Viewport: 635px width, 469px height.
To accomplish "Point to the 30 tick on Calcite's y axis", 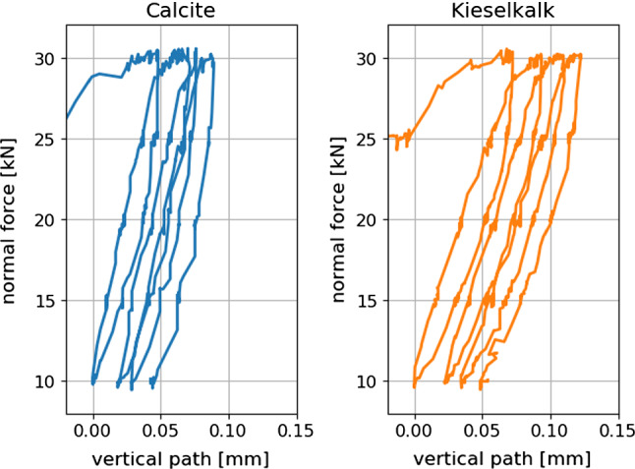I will [x=45, y=58].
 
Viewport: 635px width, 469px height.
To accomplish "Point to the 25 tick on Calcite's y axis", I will [x=45, y=139].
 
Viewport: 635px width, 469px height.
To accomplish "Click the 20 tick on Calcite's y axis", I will [x=45, y=219].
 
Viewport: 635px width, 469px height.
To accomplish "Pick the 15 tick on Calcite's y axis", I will [x=45, y=300].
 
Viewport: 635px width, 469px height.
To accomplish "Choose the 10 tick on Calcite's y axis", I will [x=45, y=381].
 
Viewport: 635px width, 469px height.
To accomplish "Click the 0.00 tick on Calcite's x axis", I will [x=92, y=431].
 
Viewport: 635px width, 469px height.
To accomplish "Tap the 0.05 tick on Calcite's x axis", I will [x=160, y=431].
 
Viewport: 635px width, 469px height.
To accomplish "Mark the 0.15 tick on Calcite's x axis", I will [x=296, y=431].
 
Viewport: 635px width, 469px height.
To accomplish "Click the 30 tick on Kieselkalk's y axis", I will [x=368, y=58].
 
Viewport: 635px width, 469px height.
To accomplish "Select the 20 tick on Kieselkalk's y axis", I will [x=368, y=219].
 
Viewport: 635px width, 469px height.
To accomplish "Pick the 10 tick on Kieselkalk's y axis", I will [x=368, y=381].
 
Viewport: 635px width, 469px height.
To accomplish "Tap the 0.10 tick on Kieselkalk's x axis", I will [x=550, y=431].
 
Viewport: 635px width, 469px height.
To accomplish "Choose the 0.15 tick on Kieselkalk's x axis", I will [x=617, y=431].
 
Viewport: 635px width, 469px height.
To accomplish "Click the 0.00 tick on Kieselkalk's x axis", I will [x=415, y=431].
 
